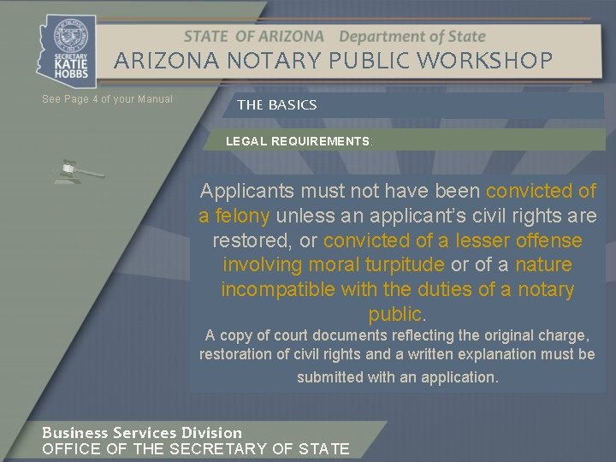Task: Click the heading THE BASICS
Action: coord(276,105)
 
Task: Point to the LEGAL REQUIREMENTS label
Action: coord(299,140)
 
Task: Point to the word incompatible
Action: coord(279,290)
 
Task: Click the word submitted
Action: coord(329,377)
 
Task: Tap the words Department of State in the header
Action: coord(412,37)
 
